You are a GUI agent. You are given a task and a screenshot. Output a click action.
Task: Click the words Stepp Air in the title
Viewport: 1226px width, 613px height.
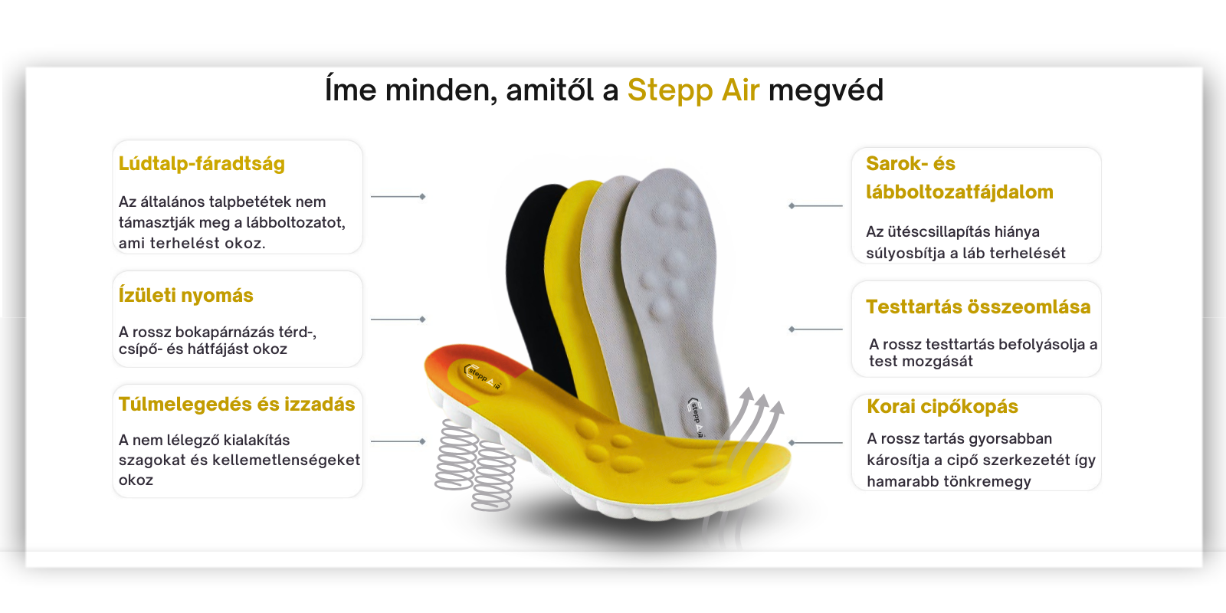pos(693,90)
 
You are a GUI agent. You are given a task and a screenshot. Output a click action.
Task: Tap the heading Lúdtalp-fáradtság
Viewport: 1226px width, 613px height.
pos(202,164)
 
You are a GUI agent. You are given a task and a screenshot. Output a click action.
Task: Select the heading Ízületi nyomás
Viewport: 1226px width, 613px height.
pos(185,296)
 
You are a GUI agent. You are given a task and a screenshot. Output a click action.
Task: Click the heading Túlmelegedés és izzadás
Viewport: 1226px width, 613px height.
pos(237,404)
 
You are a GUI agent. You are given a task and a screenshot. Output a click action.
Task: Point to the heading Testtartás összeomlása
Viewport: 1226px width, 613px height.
pos(978,307)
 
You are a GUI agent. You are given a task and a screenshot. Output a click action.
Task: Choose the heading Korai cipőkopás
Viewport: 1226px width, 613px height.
pos(942,407)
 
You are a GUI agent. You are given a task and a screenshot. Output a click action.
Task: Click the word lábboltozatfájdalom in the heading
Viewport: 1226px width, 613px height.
pos(959,192)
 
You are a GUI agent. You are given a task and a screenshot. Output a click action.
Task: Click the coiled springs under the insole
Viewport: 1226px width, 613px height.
pos(475,465)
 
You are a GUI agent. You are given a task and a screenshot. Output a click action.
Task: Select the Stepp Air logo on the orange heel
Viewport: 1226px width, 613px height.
pos(482,376)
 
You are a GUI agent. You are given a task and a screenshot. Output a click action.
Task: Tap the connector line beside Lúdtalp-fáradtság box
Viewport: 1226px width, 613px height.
pos(398,196)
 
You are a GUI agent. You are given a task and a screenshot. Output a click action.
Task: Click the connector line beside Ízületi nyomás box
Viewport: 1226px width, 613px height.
pos(398,319)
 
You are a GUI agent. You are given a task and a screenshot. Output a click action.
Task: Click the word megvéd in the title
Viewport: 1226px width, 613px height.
pos(826,91)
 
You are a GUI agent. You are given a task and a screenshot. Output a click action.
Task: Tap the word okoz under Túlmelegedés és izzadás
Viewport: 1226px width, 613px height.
pos(136,480)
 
